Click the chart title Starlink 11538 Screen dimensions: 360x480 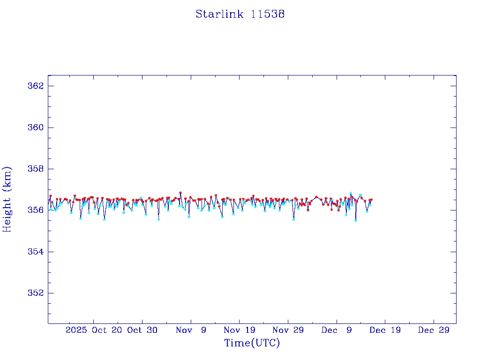tap(240, 14)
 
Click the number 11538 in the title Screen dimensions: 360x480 tap(268, 14)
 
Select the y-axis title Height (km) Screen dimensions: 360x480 tap(7, 199)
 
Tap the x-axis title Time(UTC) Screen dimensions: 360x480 tap(252, 343)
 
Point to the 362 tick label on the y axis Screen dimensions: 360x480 tap(36, 86)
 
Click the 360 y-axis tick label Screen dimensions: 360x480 tap(36, 127)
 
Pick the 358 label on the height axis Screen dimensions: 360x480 tap(36, 169)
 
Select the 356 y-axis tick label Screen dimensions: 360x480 tap(36, 210)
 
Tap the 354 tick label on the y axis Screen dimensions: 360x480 tap(36, 252)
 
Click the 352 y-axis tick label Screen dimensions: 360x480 tap(36, 293)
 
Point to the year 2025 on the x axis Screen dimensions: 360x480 tap(76, 330)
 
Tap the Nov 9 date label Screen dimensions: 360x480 tap(191, 330)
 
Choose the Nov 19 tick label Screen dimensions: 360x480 tap(239, 330)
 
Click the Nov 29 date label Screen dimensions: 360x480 tap(288, 330)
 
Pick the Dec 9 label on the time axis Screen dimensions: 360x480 tap(337, 330)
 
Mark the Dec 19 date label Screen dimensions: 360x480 tap(385, 330)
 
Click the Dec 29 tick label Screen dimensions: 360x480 tap(434, 330)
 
